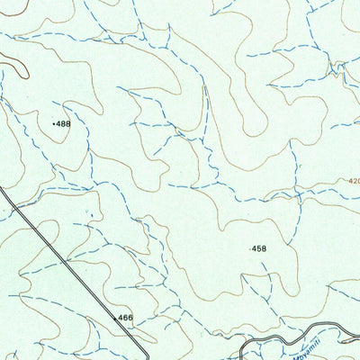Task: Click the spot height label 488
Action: (63, 123)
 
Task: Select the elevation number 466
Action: (126, 318)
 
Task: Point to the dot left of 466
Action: (115, 319)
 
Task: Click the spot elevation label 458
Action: (259, 248)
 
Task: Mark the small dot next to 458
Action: (248, 248)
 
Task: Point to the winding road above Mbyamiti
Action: (288, 334)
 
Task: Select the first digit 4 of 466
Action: (121, 318)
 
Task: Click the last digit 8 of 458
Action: (265, 248)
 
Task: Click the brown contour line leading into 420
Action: (324, 186)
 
